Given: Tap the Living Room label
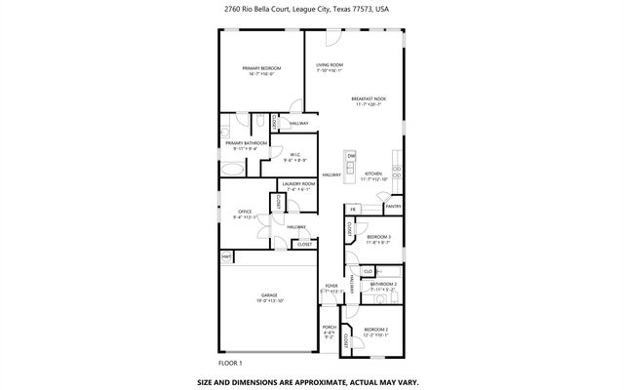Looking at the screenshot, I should [329, 67].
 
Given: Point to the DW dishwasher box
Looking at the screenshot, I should [351, 156].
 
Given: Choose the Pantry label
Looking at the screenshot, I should [393, 207].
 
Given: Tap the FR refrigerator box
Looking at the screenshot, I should [353, 210].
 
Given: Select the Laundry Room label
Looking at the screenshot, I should [298, 185].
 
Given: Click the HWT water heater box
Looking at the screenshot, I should [225, 256].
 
